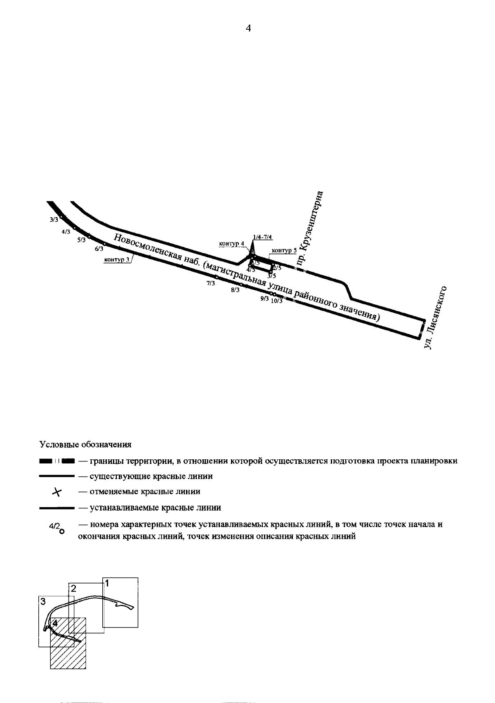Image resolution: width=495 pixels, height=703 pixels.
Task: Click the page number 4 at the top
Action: click(248, 28)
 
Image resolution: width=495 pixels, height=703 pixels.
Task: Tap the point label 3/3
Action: click(54, 220)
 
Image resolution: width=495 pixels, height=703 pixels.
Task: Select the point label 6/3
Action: click(99, 249)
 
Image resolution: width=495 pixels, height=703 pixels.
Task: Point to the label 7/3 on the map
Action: click(211, 283)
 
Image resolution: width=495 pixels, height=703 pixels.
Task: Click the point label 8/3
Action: click(235, 290)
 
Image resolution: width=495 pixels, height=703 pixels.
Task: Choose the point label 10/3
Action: click(277, 301)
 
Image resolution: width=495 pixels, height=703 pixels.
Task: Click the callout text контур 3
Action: click(117, 260)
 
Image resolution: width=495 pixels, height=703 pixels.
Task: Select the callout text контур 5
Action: click(285, 250)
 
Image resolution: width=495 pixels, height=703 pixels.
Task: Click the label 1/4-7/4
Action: click(263, 237)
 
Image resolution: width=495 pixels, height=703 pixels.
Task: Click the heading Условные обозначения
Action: click(85, 444)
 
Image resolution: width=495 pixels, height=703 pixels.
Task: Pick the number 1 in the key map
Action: click(106, 583)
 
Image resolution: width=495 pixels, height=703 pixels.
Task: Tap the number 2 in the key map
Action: click(73, 588)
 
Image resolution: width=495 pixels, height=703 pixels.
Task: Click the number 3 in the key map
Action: click(42, 602)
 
